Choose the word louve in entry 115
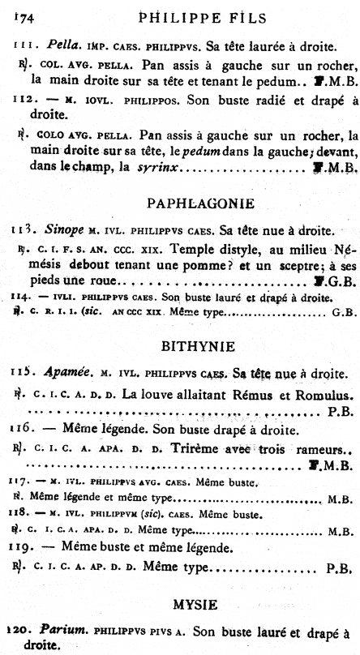pyautogui.click(x=174, y=394)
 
